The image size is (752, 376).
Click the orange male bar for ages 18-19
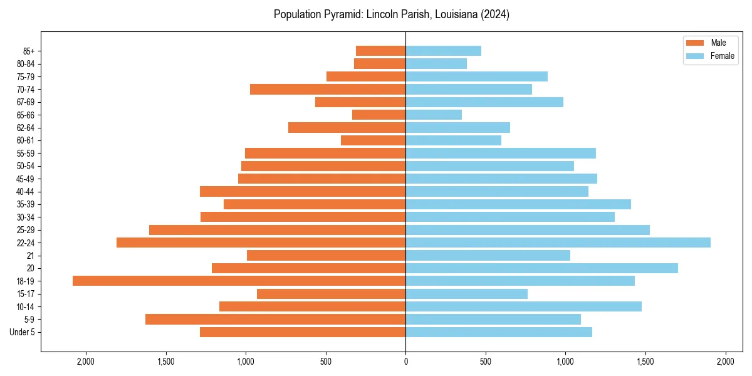[x=239, y=281]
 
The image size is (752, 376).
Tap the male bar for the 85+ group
[x=380, y=51]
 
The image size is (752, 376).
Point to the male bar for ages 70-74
[x=328, y=89]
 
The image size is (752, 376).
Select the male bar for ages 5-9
[x=275, y=320]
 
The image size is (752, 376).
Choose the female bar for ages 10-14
[x=523, y=306]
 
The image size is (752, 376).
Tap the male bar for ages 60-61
[x=373, y=140]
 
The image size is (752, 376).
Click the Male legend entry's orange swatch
[x=695, y=43]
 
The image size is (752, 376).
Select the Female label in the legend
[x=723, y=56]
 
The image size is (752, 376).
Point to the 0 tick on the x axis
[x=405, y=362]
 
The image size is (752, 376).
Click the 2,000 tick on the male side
[x=85, y=362]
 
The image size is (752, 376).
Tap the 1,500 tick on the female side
[x=645, y=362]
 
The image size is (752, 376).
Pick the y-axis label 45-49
[x=25, y=179]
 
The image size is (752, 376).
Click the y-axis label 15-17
[x=25, y=294]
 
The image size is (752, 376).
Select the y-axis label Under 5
[x=23, y=332]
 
